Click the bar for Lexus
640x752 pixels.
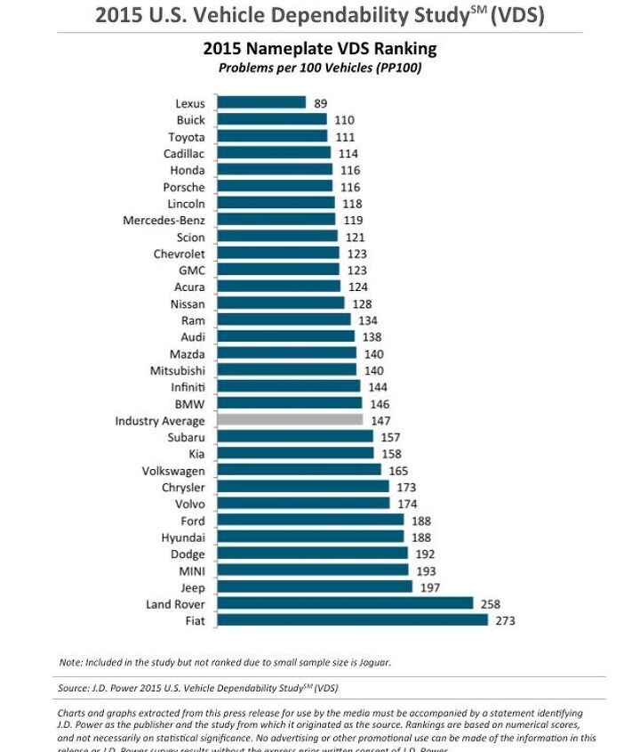coord(260,103)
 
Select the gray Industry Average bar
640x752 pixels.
coord(289,420)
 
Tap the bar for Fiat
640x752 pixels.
coord(352,620)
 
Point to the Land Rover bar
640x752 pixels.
coord(344,604)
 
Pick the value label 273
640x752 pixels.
coord(505,621)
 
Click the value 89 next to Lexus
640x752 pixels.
coord(321,103)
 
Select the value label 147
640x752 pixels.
coord(380,421)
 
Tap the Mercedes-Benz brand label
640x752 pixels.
coord(164,220)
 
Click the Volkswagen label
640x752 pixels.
coord(173,471)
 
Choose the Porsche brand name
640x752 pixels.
coord(184,187)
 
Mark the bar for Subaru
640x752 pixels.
coord(295,437)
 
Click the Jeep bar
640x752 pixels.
coord(314,587)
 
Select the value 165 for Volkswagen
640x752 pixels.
coord(398,471)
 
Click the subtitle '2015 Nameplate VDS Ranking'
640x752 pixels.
coord(320,49)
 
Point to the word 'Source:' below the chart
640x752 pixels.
coord(74,688)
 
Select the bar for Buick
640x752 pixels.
coord(271,120)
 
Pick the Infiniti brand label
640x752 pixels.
coord(188,387)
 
